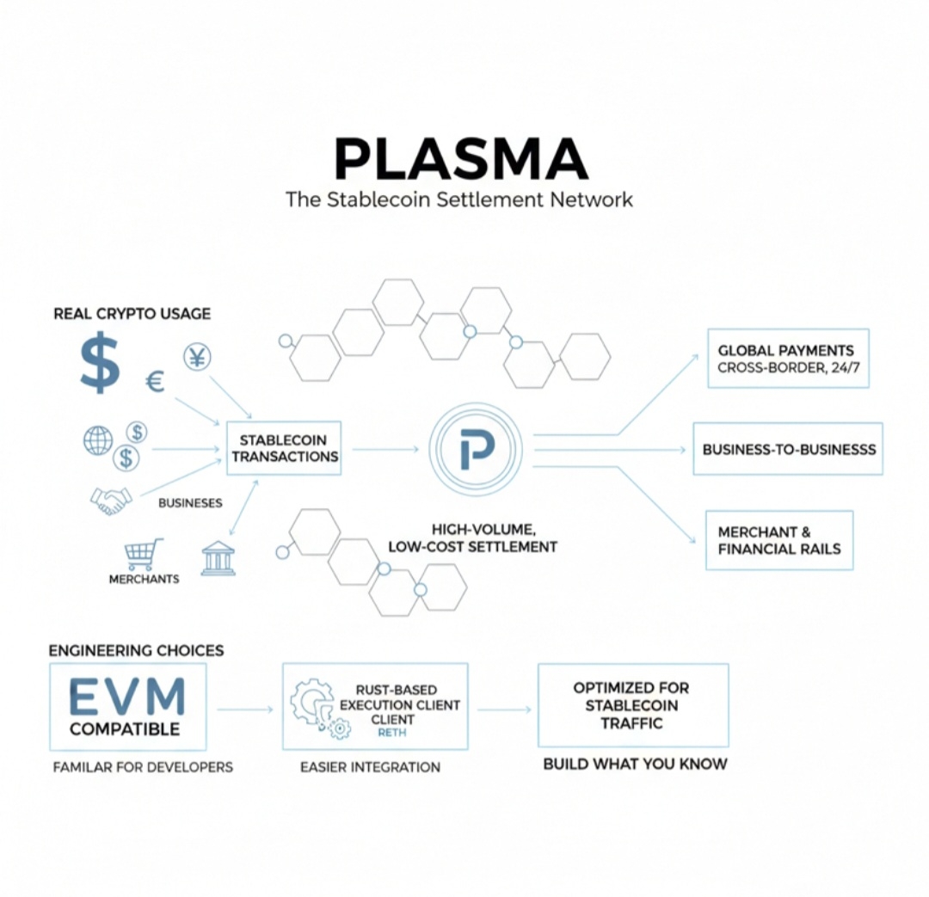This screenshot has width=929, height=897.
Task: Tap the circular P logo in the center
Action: [x=476, y=448]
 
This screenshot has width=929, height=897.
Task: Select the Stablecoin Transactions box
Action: [x=284, y=448]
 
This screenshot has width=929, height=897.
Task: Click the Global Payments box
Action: [x=787, y=359]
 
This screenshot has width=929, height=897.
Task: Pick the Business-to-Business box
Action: [x=788, y=449]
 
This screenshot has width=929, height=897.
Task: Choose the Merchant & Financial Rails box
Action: [x=778, y=540]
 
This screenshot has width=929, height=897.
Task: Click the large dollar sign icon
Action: [x=100, y=363]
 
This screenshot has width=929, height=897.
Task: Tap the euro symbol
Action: [x=155, y=380]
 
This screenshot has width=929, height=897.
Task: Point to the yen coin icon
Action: [x=197, y=357]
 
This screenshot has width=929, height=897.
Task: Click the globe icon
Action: [x=97, y=440]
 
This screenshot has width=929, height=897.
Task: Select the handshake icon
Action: [x=111, y=501]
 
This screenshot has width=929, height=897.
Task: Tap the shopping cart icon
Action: [x=144, y=555]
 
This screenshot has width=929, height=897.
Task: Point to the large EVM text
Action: [x=126, y=697]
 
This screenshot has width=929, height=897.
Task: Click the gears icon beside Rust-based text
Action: [x=316, y=706]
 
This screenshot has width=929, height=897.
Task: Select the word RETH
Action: [x=391, y=733]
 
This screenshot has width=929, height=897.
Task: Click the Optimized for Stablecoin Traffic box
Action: [x=632, y=705]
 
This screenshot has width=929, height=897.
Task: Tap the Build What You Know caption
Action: [x=635, y=764]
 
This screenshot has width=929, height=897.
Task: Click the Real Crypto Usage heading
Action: [x=132, y=314]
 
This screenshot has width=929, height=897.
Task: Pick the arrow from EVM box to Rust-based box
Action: [x=244, y=710]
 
